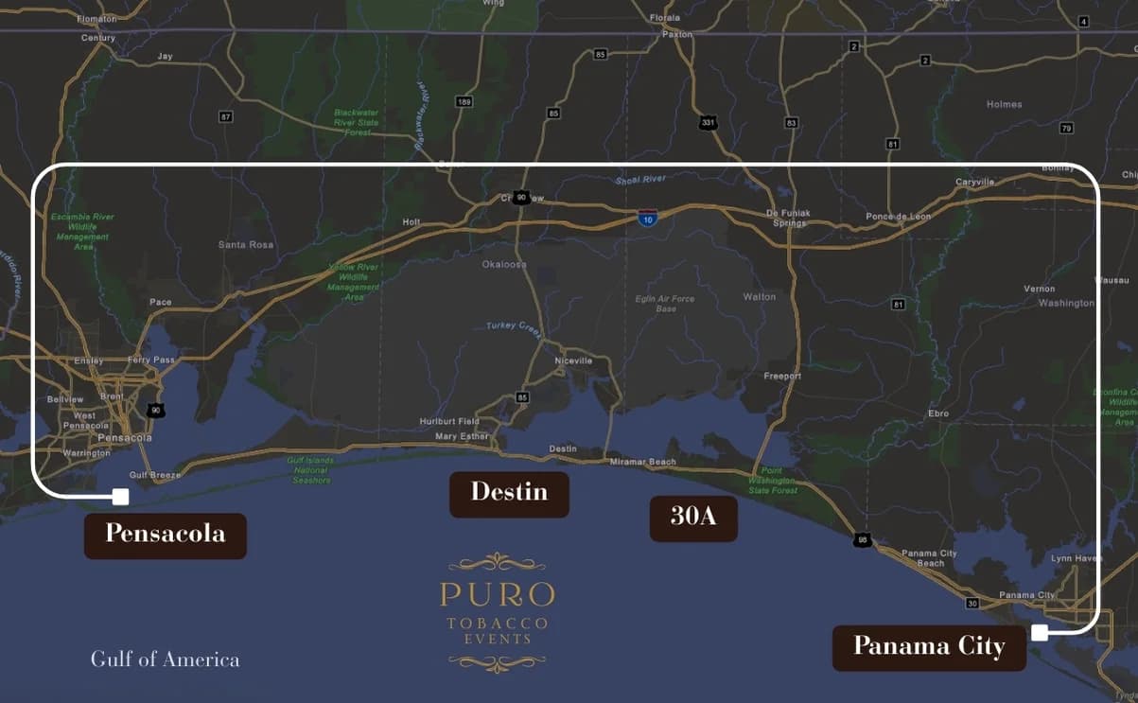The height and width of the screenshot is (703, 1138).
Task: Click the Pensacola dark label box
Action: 166,535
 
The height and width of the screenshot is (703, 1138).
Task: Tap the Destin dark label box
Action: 509,493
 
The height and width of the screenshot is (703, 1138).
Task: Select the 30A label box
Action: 692,517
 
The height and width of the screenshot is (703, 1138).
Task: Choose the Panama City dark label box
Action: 928,646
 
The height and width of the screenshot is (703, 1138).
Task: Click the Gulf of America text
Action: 165,659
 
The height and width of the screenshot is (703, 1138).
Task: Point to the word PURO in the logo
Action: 497,595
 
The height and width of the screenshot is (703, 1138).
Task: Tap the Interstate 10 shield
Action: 647,218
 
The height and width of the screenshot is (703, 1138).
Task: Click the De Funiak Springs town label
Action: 787,218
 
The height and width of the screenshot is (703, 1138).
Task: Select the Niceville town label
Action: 573,360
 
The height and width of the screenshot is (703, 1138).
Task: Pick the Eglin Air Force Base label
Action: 665,304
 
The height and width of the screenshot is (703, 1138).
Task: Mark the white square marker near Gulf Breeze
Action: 120,496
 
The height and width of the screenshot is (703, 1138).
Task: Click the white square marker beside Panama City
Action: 1040,633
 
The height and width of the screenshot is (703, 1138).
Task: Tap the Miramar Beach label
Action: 643,462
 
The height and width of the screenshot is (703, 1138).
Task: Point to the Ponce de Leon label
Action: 898,217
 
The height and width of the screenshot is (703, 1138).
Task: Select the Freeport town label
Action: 782,377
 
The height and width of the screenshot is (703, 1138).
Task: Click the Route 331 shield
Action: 708,123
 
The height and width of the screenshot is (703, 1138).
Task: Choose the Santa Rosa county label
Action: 245,245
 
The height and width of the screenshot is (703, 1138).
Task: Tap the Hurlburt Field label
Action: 449,421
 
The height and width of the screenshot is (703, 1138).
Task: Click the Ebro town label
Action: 937,413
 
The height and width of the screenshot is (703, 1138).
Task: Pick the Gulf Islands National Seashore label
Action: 310,470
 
